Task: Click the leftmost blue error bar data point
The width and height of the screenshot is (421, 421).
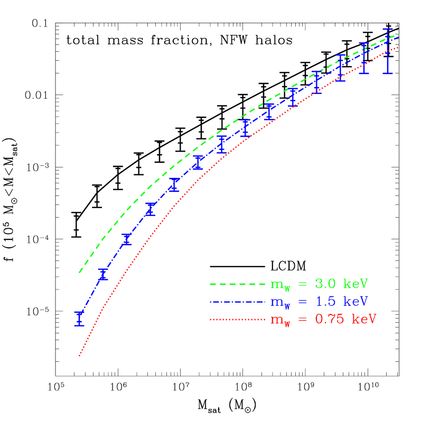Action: (79, 318)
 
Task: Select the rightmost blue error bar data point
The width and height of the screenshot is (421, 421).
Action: (388, 51)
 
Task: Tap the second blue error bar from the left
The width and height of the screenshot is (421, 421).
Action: (103, 274)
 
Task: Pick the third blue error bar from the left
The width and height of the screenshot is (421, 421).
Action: (127, 239)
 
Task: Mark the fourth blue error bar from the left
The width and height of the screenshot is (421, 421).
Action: (151, 209)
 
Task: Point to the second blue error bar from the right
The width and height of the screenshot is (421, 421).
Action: (364, 58)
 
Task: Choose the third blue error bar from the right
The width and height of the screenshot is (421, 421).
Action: (341, 68)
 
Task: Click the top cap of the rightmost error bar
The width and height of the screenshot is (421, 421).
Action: (388, 29)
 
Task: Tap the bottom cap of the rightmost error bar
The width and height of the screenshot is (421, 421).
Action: (388, 73)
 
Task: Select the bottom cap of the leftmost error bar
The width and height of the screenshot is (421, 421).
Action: (79, 325)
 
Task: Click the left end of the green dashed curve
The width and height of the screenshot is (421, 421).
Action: (80, 272)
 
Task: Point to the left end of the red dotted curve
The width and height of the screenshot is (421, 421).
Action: (79, 357)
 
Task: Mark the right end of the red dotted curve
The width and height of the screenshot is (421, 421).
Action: (398, 47)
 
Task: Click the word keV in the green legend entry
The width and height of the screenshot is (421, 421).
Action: (355, 284)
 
